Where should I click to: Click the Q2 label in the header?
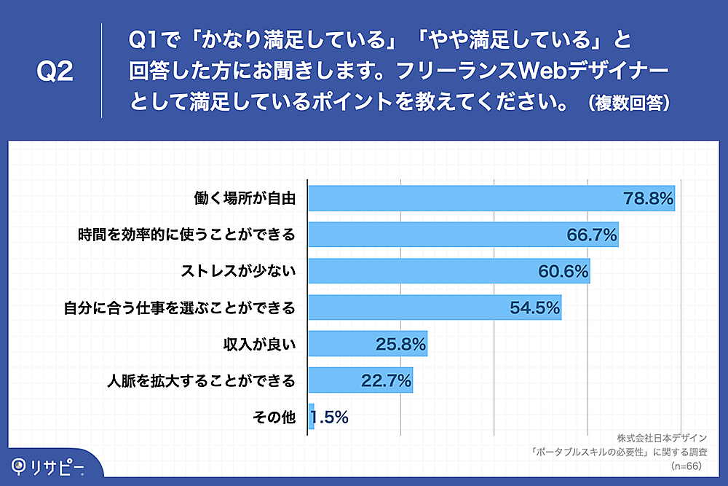(55, 71)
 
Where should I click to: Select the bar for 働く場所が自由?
(466, 198)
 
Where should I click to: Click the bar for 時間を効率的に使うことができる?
(437, 235)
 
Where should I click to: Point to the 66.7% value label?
(592, 235)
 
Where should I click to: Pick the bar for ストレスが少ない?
(422, 271)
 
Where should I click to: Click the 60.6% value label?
(563, 271)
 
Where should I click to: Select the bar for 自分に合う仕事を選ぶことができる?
(408, 307)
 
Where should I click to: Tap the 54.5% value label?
(534, 307)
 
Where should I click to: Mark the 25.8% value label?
(400, 344)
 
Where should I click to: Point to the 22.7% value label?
(386, 380)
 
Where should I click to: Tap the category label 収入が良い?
(258, 344)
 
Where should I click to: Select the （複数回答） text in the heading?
(628, 103)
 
